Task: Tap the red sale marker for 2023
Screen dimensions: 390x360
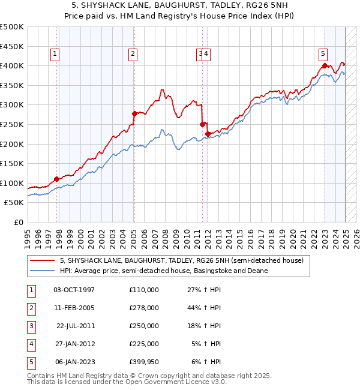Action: tap(325, 65)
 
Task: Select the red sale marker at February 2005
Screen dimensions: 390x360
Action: tap(134, 113)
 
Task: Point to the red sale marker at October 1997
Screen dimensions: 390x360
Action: tap(57, 179)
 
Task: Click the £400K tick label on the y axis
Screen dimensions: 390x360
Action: tap(12, 65)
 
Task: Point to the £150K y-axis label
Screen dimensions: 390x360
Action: tap(12, 163)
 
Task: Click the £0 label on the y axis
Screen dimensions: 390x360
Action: tap(19, 222)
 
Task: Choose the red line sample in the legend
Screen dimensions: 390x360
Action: tap(43, 261)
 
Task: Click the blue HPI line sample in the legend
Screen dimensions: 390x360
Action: tap(43, 271)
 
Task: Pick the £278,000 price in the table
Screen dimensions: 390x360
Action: tap(144, 308)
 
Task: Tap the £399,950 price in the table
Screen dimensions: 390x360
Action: tap(144, 362)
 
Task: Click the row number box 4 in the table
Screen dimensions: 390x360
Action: tap(29, 344)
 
